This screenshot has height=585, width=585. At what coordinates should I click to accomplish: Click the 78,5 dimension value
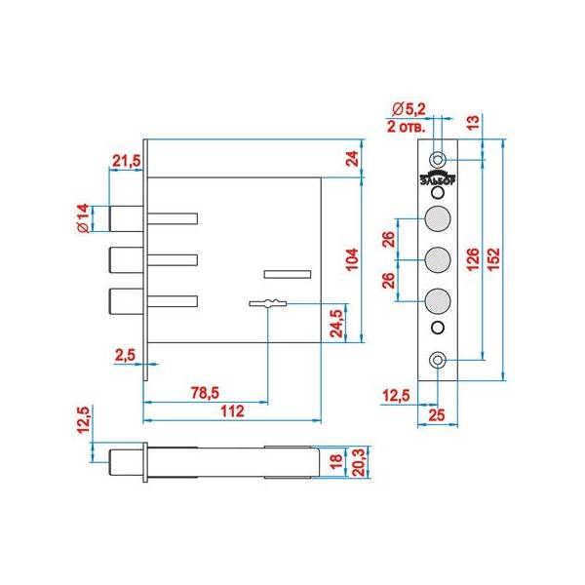tap(205, 393)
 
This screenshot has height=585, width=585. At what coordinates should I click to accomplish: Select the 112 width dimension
tap(232, 411)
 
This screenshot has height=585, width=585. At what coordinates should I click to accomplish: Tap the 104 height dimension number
tap(352, 259)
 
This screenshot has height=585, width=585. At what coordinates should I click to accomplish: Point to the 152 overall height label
tap(492, 259)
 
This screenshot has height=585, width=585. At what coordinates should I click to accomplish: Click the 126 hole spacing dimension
tap(472, 259)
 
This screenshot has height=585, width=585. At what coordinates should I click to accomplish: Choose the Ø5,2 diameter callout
tap(409, 109)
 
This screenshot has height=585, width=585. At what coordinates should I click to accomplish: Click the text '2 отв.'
tap(406, 127)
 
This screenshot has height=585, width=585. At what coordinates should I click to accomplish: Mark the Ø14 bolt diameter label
tap(84, 218)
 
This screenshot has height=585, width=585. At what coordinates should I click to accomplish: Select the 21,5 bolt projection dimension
tap(127, 161)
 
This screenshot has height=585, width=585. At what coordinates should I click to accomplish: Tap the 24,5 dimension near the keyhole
tap(336, 324)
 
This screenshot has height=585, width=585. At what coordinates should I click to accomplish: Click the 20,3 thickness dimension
tap(358, 461)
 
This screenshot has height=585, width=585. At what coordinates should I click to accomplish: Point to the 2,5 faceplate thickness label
tap(125, 355)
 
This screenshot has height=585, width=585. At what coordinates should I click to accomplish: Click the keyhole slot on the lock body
tap(268, 303)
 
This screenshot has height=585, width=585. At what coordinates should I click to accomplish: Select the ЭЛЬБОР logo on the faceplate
tap(438, 178)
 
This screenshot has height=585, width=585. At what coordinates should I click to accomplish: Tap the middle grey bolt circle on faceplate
tap(438, 259)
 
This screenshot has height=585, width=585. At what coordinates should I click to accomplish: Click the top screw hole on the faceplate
tap(438, 160)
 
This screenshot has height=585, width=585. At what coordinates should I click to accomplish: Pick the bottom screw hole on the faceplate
tap(438, 360)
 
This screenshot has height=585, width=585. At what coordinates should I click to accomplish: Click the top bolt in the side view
tap(126, 218)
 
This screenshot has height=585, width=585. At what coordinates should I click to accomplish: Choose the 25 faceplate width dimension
tap(437, 415)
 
